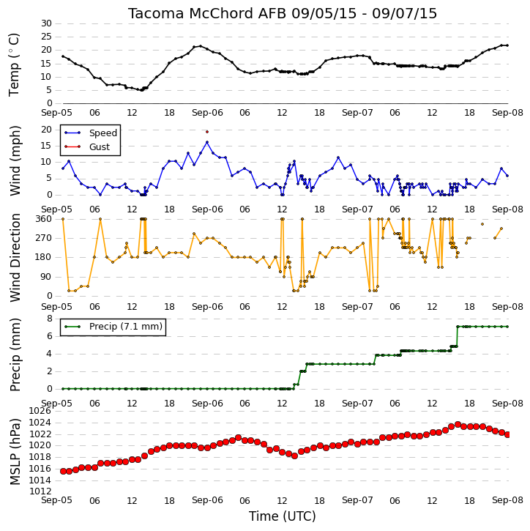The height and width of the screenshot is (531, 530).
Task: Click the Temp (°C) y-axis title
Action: pos(14,64)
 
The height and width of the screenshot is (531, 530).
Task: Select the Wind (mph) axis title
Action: pos(15,160)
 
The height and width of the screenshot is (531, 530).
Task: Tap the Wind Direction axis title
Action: pos(15,258)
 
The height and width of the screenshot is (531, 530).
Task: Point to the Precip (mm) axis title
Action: pos(15,354)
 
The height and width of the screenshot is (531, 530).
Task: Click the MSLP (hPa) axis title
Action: pos(15,451)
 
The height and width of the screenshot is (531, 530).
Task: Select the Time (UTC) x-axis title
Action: pos(283,516)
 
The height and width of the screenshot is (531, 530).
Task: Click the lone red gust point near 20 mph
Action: pos(207,132)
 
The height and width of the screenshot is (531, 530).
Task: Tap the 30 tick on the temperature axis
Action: pos(46,23)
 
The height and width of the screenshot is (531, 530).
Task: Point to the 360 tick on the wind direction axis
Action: pos(44,219)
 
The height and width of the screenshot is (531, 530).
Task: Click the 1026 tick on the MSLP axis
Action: pos(40,411)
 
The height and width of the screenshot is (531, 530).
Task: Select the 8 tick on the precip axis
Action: pos(49,319)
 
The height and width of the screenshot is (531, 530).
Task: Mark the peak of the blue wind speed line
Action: pos(207,142)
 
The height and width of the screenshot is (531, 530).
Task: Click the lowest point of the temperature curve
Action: pos(142,90)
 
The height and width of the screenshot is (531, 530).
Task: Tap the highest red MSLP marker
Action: pos(458,424)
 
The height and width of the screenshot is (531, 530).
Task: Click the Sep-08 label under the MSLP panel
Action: pos(507,500)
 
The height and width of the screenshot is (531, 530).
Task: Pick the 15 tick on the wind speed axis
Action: pos(46,146)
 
